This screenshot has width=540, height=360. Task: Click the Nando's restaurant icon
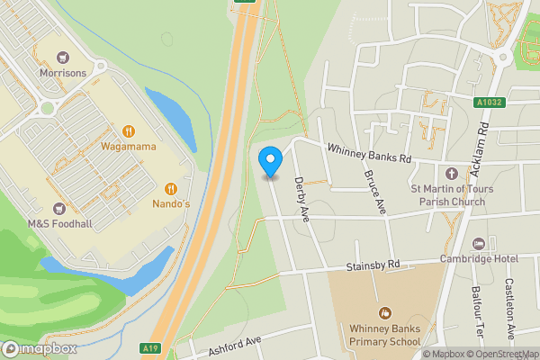(x=170, y=188)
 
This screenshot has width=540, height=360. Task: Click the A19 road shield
(x=150, y=348)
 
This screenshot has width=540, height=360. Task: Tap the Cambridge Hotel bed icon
(x=479, y=243)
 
